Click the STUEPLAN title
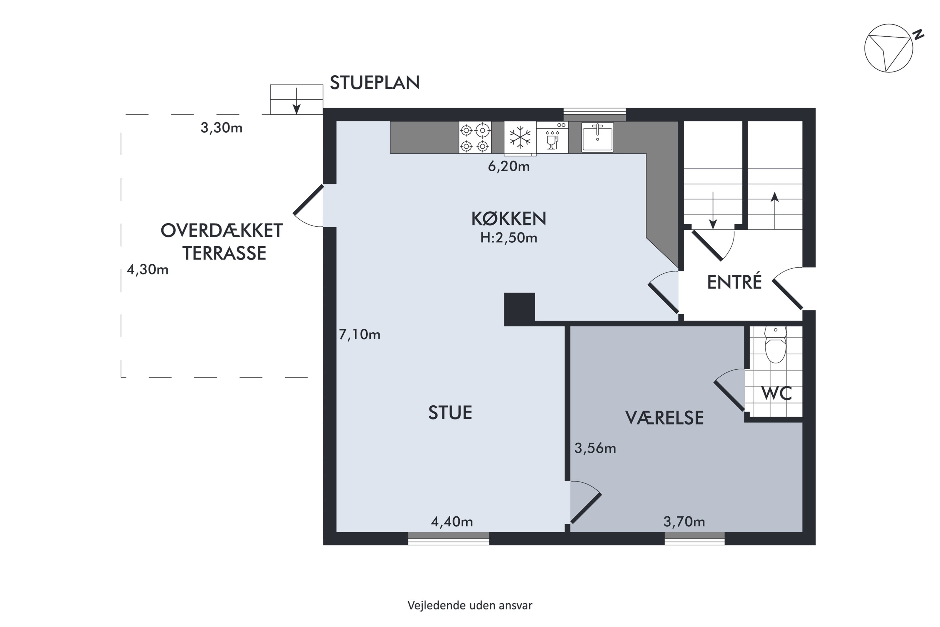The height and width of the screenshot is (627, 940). pos(374,83)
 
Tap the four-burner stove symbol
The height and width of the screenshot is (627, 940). pos(475,137)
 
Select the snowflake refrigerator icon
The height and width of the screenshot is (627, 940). pos(520,138)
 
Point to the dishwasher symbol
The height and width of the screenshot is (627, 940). pos(552,137)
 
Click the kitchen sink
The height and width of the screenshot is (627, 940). pos(598,137)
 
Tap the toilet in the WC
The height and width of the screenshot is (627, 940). pos(775,344)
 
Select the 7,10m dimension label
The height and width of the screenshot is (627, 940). pos(359,334)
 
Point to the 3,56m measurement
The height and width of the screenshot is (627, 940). pos(595,448)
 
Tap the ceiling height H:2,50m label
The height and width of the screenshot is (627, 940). pos(509,238)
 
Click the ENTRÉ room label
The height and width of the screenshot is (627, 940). pos(734,282)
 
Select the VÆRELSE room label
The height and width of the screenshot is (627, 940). pos(664,418)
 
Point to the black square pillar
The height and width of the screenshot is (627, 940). pos(519,309)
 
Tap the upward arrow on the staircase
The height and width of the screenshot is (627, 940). pos(775,211)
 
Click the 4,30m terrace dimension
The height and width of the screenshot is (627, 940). pos(148,270)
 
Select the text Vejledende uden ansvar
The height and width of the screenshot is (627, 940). pos(470,605)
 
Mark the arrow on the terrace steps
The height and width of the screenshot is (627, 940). pos(296,101)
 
